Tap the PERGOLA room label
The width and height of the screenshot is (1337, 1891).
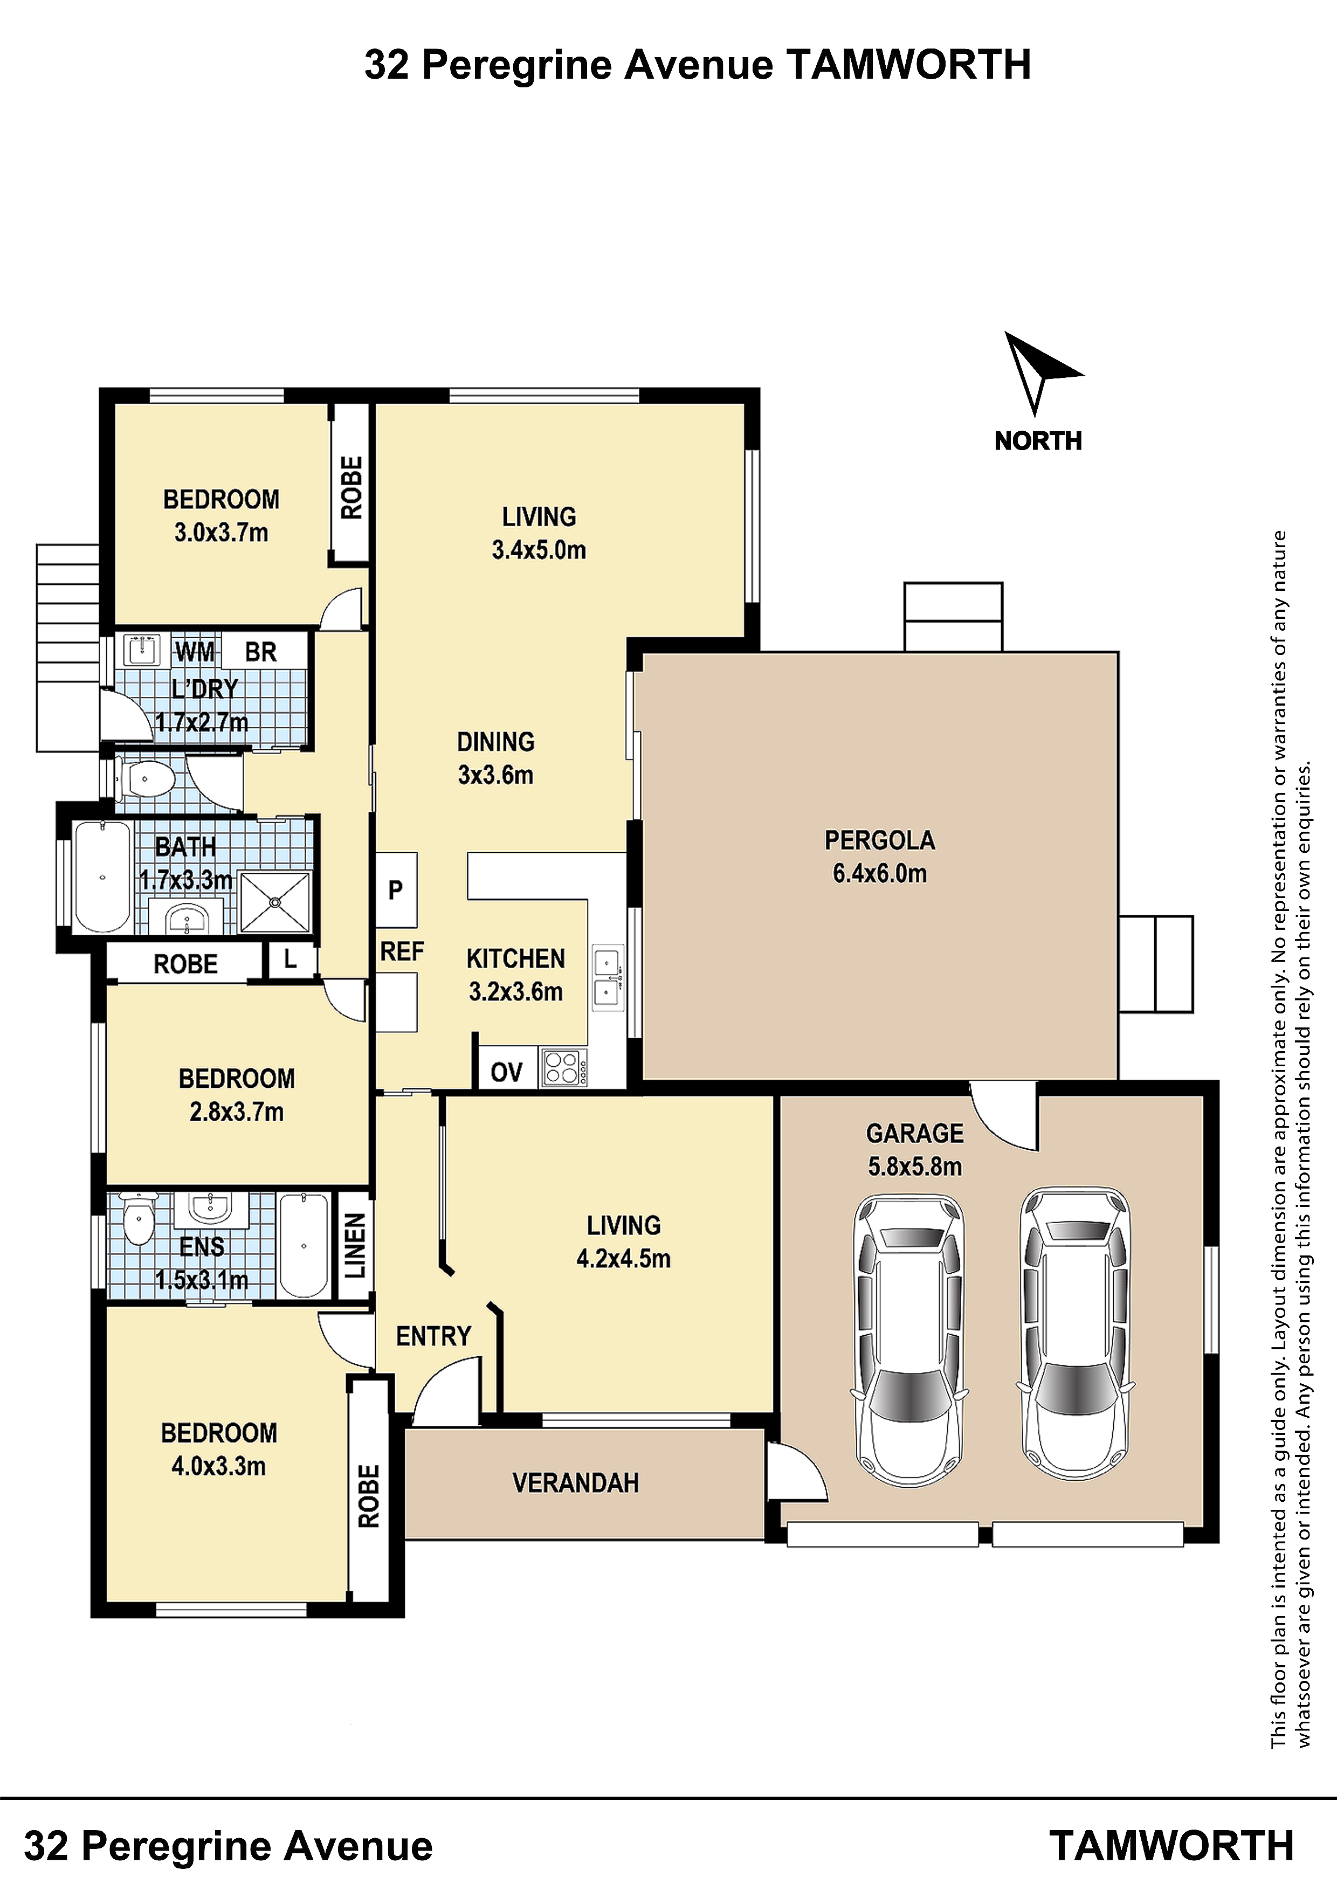[880, 840]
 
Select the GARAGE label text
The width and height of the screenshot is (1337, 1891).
[914, 1133]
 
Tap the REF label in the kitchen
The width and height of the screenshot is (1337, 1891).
[402, 952]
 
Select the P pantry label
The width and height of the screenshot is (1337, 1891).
[395, 889]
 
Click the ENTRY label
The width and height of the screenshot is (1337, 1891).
[433, 1336]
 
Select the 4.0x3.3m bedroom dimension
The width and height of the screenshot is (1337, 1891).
[219, 1466]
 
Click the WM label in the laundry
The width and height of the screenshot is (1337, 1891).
[195, 652]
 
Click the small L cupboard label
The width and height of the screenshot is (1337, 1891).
[290, 958]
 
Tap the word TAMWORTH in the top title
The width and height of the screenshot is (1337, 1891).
[908, 65]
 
